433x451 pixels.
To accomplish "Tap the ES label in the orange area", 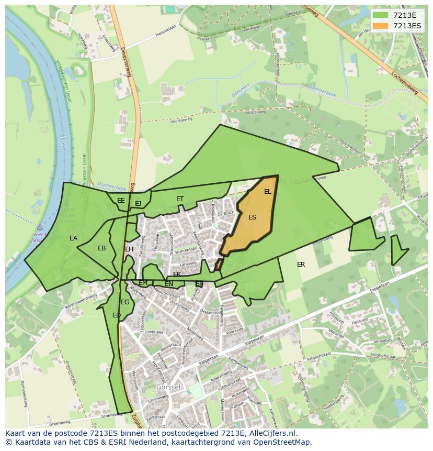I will coord(253,217).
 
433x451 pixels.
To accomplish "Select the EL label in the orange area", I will coord(268,192).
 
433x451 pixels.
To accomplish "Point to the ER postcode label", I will coord(301,265).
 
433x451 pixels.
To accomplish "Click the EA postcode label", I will coord(74,238).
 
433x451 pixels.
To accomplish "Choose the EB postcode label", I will coord(102,248).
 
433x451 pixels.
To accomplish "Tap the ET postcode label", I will coord(180,199).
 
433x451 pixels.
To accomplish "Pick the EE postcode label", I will coord(121,201).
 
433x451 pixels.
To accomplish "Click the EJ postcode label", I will coord(138,204).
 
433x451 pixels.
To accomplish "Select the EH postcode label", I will coord(129,249).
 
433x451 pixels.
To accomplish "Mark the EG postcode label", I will coord(125,302).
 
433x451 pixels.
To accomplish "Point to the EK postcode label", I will coord(177,274).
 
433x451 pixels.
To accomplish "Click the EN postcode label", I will coord(169,284).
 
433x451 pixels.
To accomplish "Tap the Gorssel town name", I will coord(167,387).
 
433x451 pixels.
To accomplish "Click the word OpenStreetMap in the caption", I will coord(283,442).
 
